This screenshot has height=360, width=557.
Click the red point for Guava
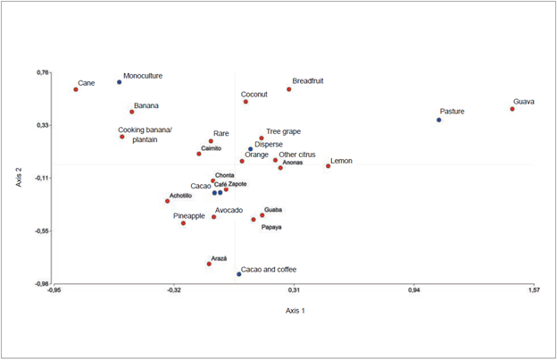tap(512, 109)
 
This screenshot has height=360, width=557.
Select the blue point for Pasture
tap(439, 120)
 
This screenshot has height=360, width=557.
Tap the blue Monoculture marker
tap(119, 82)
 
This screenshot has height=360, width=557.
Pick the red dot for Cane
tap(76, 89)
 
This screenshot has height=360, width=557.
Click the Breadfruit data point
tap(289, 89)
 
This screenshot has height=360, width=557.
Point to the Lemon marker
tap(328, 166)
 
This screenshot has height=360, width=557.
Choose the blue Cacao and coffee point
tap(239, 274)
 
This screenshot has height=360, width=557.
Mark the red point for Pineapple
tap(183, 222)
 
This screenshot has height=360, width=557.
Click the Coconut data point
tap(245, 102)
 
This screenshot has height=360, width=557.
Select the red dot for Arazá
tap(209, 264)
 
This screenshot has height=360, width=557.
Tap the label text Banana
tap(146, 105)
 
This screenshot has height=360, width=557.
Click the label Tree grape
tap(283, 131)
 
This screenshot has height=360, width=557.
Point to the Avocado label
tap(229, 211)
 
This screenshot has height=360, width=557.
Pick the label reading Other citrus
tap(296, 155)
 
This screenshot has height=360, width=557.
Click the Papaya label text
tap(271, 228)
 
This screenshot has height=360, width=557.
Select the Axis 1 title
tap(295, 310)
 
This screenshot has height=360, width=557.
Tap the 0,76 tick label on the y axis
tap(43, 72)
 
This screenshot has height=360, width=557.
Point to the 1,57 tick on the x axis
tap(534, 290)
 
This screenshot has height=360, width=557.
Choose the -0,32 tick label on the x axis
tap(174, 290)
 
